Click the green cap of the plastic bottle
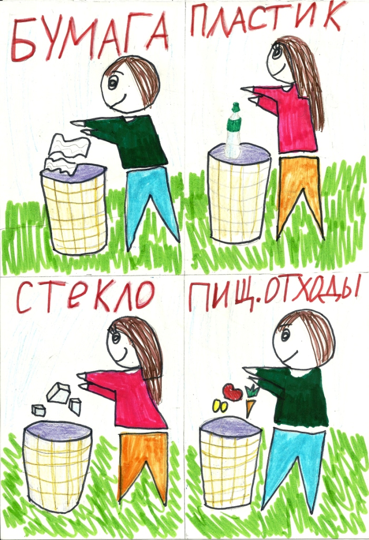236,117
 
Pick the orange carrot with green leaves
250,400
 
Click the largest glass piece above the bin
59,392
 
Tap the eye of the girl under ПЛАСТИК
276,52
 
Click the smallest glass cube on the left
38,410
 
